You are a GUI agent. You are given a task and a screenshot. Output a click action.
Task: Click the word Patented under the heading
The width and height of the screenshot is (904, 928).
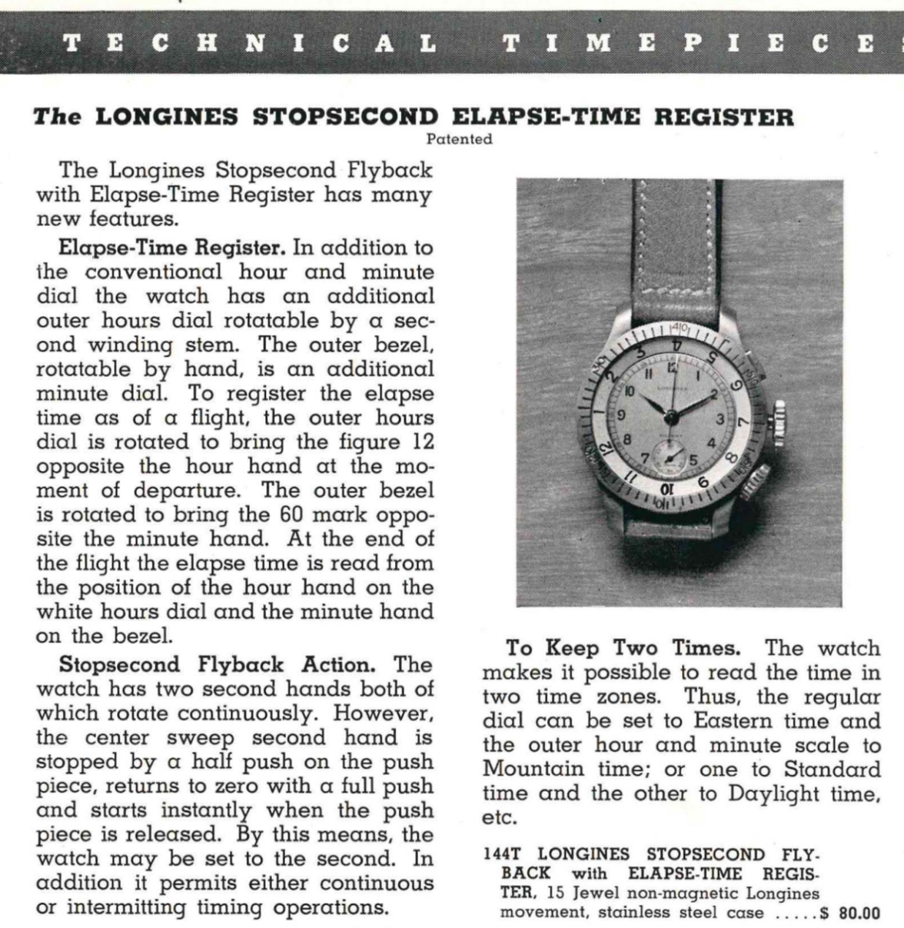coord(459,140)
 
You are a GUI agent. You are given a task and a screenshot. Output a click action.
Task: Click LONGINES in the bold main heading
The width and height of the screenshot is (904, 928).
coord(170,118)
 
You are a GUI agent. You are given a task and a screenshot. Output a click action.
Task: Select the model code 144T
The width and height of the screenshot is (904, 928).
coord(502,855)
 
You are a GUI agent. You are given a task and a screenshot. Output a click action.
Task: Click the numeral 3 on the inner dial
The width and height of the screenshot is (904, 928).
coord(720,420)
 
